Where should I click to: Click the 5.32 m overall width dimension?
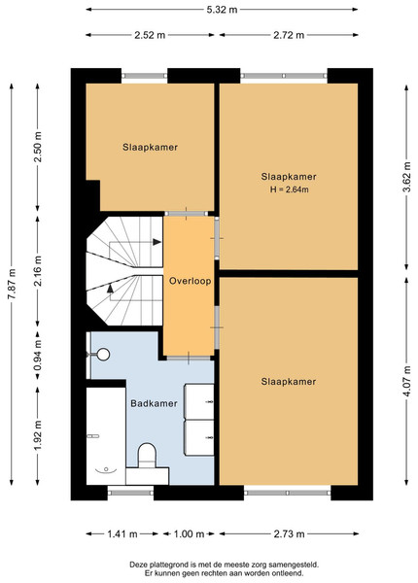(222, 10)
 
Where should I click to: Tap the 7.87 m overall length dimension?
(12, 284)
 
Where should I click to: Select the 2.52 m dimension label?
(150, 35)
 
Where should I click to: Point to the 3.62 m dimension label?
(407, 177)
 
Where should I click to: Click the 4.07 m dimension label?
(407, 381)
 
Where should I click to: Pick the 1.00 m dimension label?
(189, 534)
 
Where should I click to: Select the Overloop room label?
(190, 281)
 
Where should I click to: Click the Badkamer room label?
(154, 403)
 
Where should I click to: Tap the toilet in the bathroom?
(147, 456)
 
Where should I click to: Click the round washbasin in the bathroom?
(103, 355)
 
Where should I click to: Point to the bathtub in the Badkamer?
(106, 436)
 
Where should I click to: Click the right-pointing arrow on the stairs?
(157, 242)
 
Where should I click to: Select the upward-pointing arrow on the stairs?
(111, 289)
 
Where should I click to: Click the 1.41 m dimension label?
(122, 534)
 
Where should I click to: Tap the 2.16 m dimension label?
(38, 271)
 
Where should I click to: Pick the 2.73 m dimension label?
(289, 534)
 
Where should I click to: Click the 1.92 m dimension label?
(38, 434)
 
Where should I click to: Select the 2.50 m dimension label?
(38, 147)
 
